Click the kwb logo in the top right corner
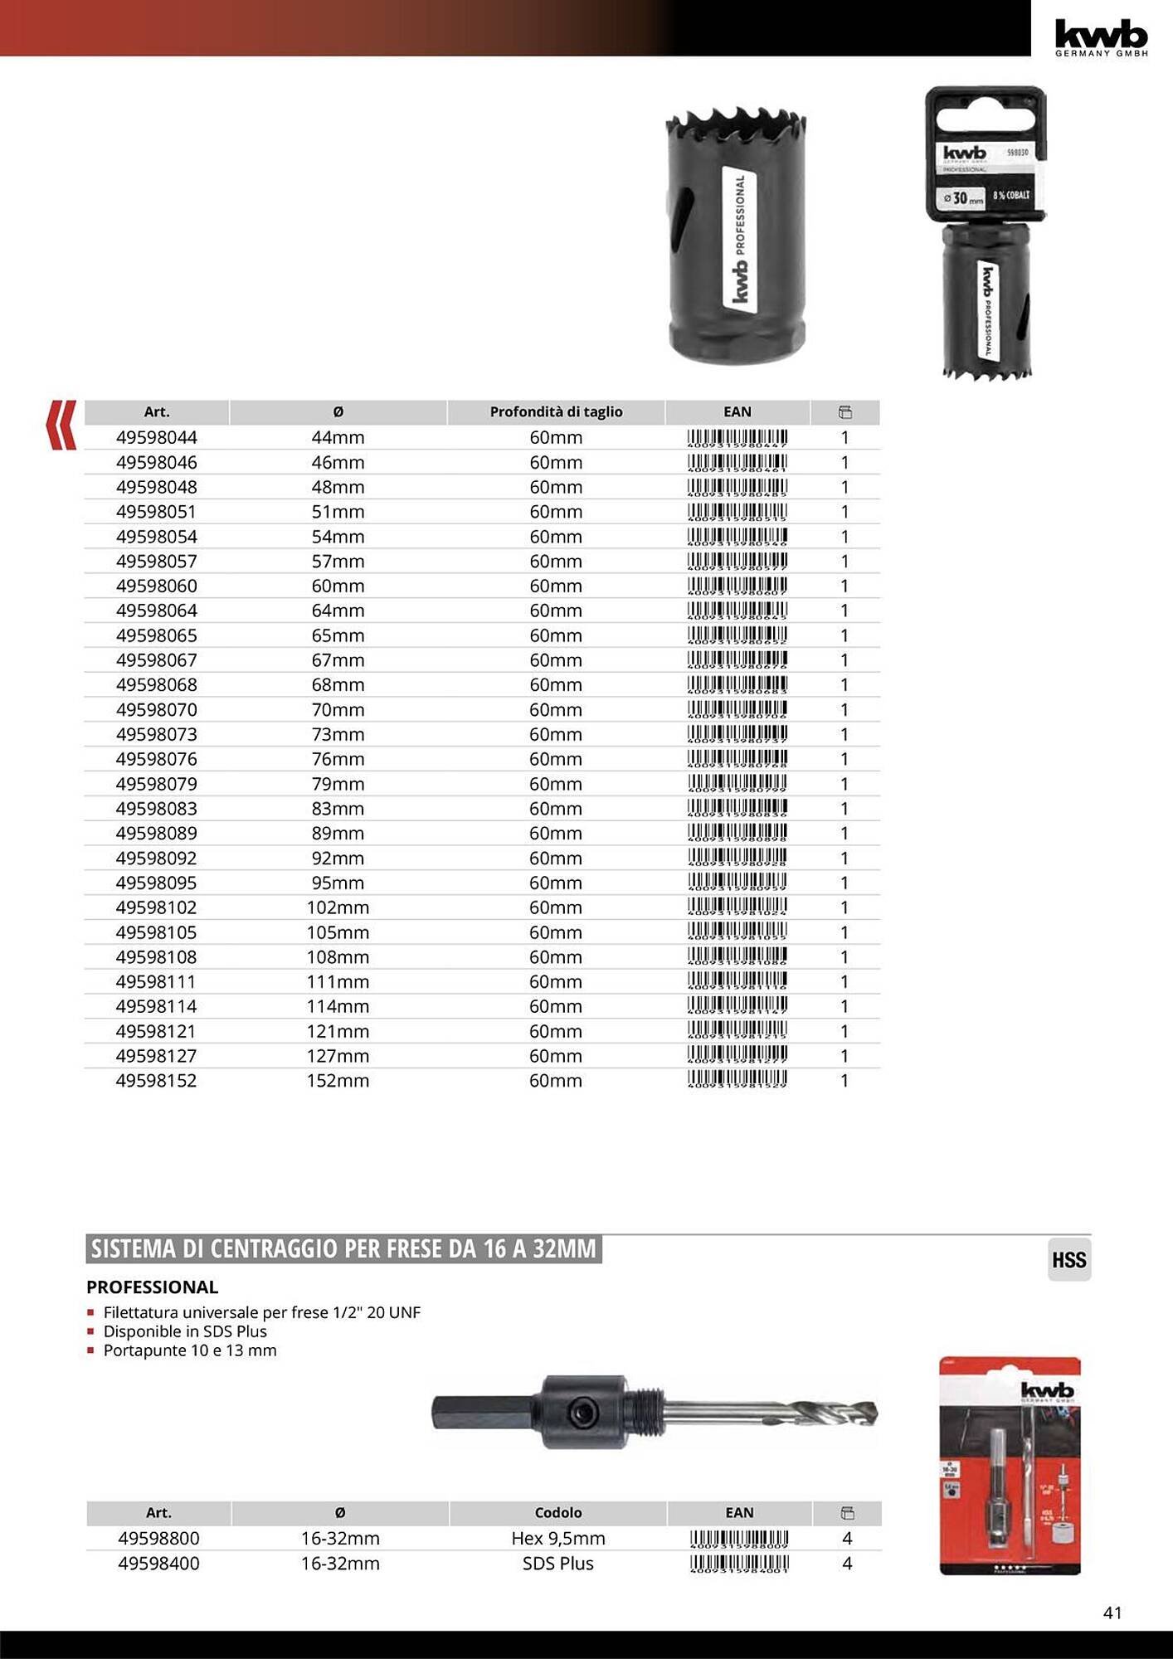[1101, 36]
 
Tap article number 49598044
[157, 437]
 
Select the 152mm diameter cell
[338, 1080]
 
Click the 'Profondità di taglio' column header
[556, 411]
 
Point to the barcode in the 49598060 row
[737, 586]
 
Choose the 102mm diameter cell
[338, 907]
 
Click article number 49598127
[157, 1056]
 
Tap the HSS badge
[1068, 1260]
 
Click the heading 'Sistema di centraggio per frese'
[343, 1249]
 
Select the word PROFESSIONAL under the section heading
[153, 1287]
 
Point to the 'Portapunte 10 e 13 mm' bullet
[190, 1350]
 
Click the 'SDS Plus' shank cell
[557, 1564]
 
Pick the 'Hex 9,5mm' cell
[557, 1539]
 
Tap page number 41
[1112, 1613]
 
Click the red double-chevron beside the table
[61, 425]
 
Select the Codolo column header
[557, 1513]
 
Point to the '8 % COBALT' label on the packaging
[1011, 196]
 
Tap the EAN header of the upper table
[737, 411]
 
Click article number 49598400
[158, 1564]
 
